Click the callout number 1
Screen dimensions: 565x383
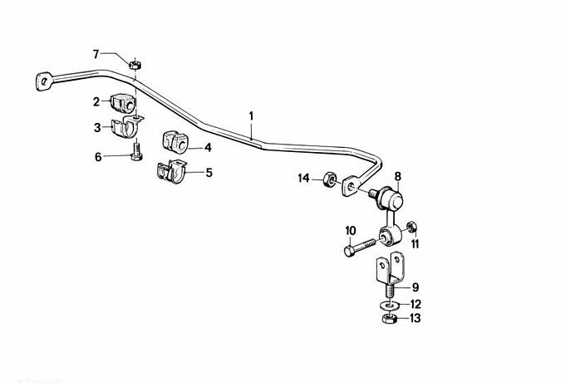click(251, 116)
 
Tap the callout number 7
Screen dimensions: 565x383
click(96, 54)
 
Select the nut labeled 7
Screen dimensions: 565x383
click(135, 65)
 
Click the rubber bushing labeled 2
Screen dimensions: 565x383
click(122, 102)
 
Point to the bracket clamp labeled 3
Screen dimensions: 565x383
click(127, 126)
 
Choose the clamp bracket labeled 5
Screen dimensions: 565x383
click(171, 171)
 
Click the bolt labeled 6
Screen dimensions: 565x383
click(136, 152)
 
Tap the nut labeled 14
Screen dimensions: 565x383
click(329, 179)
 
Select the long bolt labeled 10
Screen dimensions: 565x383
click(360, 248)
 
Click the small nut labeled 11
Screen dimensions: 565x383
click(411, 227)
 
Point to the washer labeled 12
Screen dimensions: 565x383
click(389, 305)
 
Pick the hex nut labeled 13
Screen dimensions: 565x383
click(389, 318)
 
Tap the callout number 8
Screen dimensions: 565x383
click(397, 177)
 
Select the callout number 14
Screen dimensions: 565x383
click(304, 178)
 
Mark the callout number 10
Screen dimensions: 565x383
click(351, 230)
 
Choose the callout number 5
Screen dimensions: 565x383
click(209, 173)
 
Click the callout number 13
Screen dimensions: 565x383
click(415, 318)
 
